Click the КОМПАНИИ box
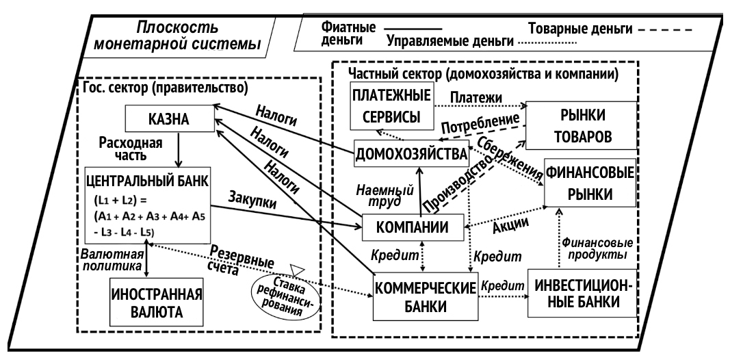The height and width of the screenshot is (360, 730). click(412, 227)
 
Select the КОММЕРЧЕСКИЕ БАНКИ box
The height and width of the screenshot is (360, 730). click(424, 296)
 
